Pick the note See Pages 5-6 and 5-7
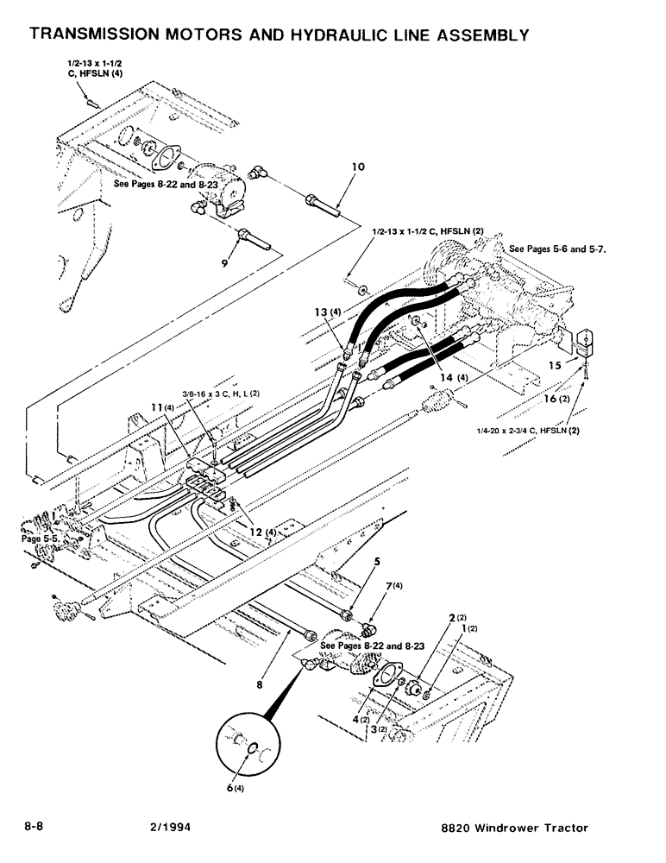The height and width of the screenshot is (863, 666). click(558, 249)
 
